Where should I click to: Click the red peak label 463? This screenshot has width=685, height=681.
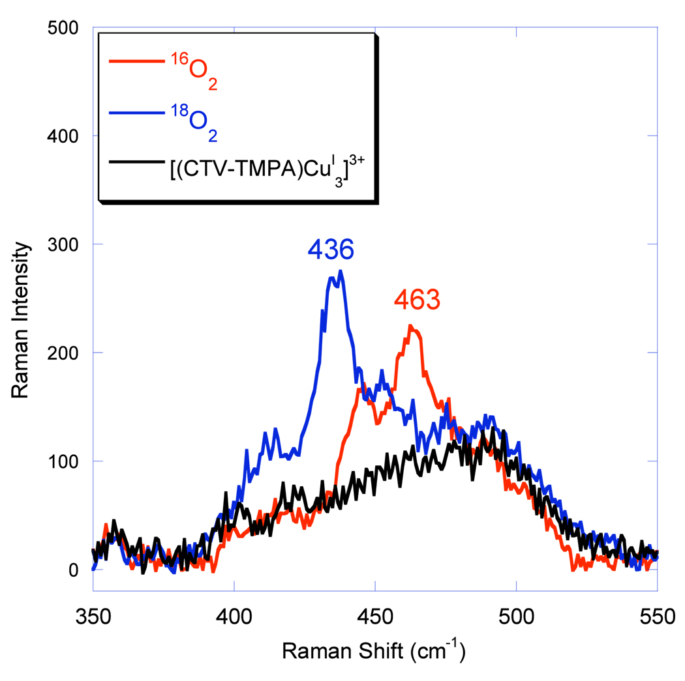(417, 300)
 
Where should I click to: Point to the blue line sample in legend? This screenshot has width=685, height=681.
(135, 114)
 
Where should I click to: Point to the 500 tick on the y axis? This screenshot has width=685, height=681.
(63, 27)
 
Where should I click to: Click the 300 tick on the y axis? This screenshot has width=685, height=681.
(63, 244)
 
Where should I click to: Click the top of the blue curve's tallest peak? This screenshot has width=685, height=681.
(340, 271)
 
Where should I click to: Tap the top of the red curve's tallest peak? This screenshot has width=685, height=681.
(410, 325)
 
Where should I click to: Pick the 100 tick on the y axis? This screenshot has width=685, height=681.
(63, 461)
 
